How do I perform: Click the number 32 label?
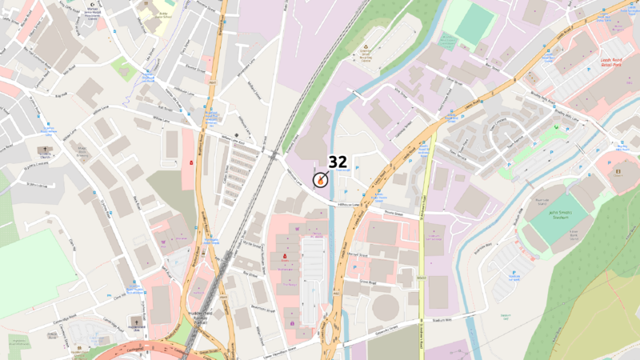pos(338,163)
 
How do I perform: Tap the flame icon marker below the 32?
pos(319,181)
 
